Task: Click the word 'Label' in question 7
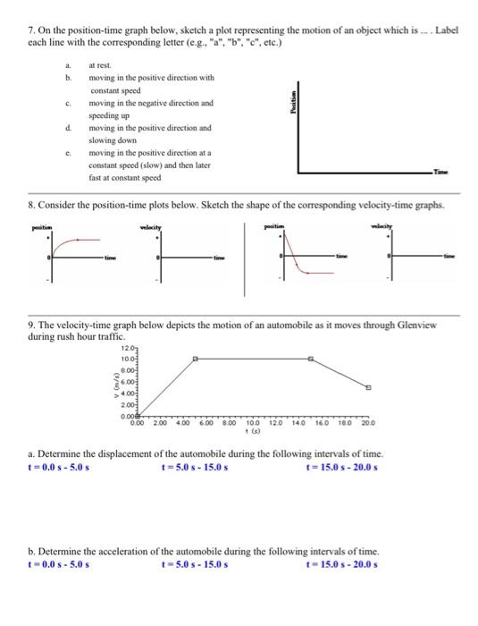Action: [445, 30]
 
